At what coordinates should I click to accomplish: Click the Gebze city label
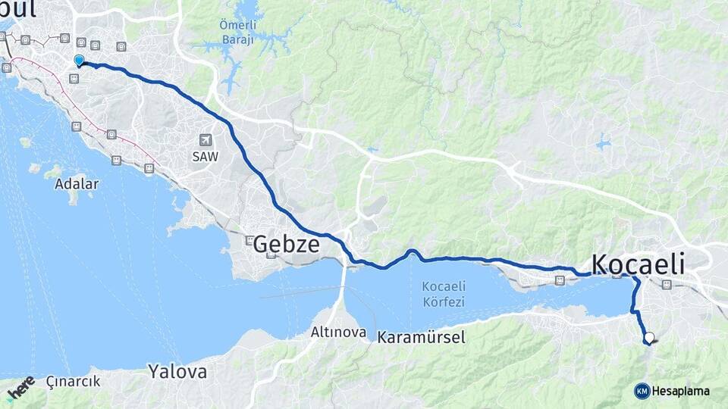click(286, 244)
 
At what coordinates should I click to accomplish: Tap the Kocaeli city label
click(637, 264)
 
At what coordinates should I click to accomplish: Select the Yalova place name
click(177, 372)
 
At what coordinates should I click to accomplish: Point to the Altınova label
click(338, 332)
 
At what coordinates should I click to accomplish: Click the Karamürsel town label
click(421, 337)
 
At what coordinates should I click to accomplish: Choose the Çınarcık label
click(73, 381)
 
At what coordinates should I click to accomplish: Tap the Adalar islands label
click(77, 183)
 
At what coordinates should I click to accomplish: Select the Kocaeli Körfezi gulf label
click(444, 294)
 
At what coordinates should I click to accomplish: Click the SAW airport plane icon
click(206, 140)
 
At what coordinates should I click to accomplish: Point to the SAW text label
click(206, 157)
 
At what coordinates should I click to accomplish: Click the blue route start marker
click(79, 61)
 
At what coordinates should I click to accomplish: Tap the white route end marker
click(649, 338)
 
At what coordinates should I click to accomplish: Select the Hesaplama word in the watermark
click(681, 391)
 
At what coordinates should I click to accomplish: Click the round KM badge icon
click(642, 391)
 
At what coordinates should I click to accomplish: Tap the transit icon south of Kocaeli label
click(666, 285)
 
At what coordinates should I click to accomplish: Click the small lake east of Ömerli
click(604, 142)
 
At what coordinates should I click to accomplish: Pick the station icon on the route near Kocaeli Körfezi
click(560, 280)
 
